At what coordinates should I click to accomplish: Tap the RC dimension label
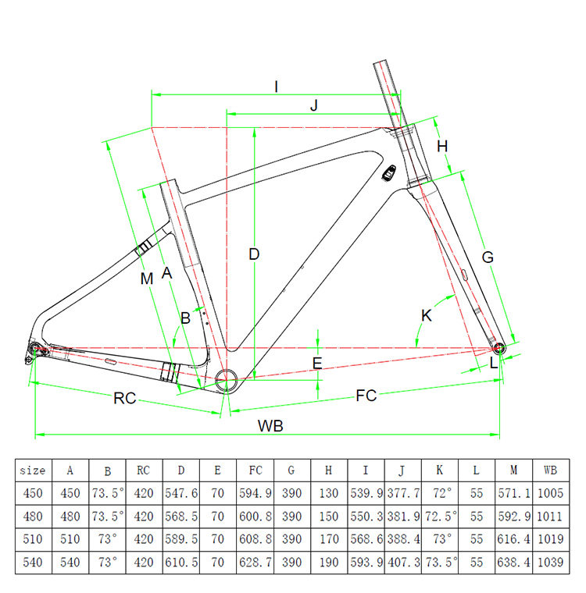125,399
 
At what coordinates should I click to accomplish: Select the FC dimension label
366,396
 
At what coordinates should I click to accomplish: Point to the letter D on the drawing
254,254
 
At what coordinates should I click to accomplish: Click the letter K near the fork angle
426,316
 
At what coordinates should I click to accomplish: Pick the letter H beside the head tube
442,147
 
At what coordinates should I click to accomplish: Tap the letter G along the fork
488,256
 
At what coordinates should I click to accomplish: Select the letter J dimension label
313,107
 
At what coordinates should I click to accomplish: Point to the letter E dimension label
317,363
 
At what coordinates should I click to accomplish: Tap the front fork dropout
498,345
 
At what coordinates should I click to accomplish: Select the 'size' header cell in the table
33,470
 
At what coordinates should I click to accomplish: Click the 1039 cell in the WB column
550,562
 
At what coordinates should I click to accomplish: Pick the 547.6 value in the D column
181,493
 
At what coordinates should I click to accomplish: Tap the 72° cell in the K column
440,493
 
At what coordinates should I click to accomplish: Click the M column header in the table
513,470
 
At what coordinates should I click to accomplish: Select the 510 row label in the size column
33,539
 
